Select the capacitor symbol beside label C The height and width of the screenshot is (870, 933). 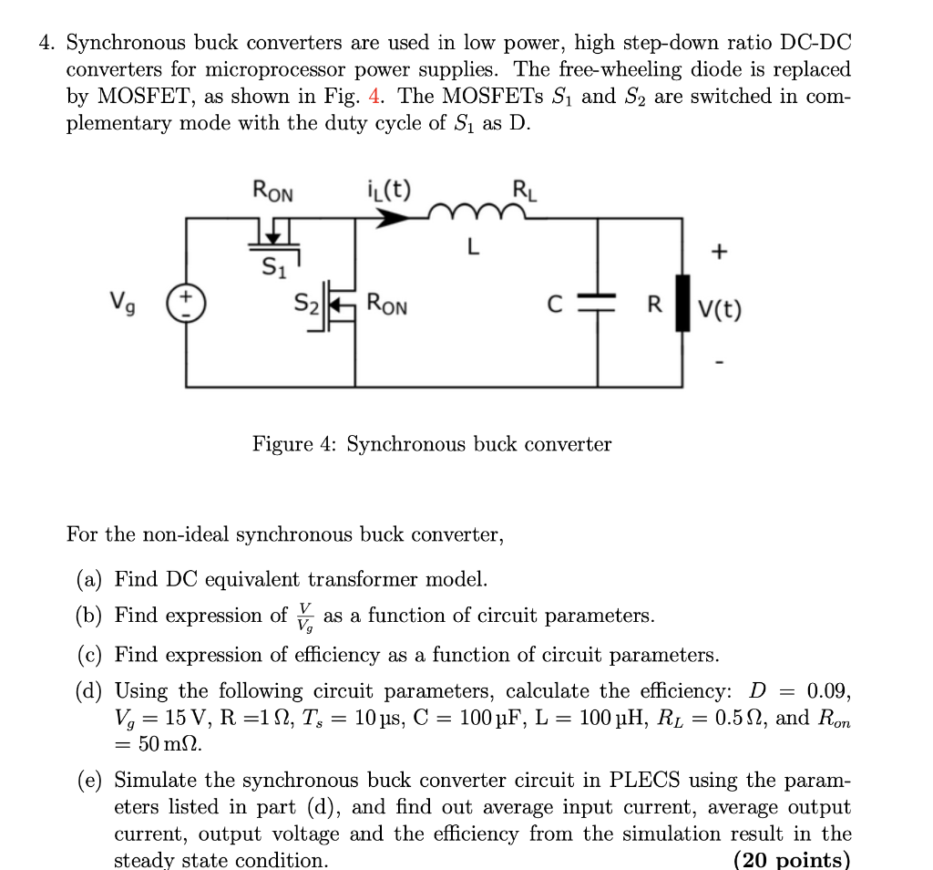tap(598, 304)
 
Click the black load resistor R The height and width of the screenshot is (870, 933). tap(682, 304)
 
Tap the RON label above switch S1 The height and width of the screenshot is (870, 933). tap(272, 192)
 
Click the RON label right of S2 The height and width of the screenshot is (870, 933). tap(387, 305)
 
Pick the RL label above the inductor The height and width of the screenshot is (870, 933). tap(525, 192)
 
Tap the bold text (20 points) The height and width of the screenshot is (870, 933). tap(791, 860)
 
